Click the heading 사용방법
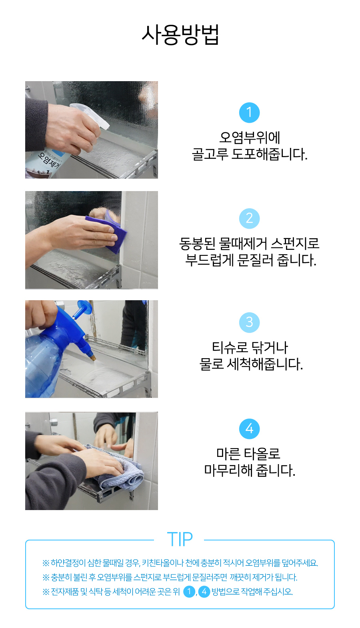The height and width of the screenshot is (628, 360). pos(180,35)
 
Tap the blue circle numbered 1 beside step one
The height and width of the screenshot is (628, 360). pos(249,112)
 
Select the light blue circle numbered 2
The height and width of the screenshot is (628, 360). pos(249,218)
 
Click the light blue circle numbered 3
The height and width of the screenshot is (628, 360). pos(249,322)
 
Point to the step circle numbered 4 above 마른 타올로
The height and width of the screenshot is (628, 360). pos(249,429)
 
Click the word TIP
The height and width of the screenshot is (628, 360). pos(180,539)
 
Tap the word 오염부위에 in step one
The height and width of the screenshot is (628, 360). pos(249,138)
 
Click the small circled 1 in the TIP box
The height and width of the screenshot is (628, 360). pos(189,591)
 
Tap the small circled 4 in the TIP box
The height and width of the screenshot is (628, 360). pos(204,591)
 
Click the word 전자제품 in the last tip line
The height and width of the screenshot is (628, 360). pos(64,592)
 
